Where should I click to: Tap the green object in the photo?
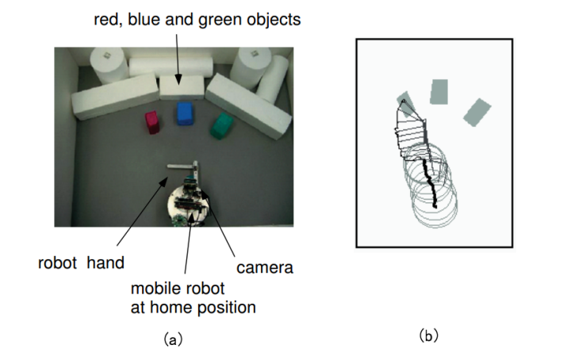point(222,124)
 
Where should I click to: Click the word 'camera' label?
point(265,268)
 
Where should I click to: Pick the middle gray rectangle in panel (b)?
point(439,91)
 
